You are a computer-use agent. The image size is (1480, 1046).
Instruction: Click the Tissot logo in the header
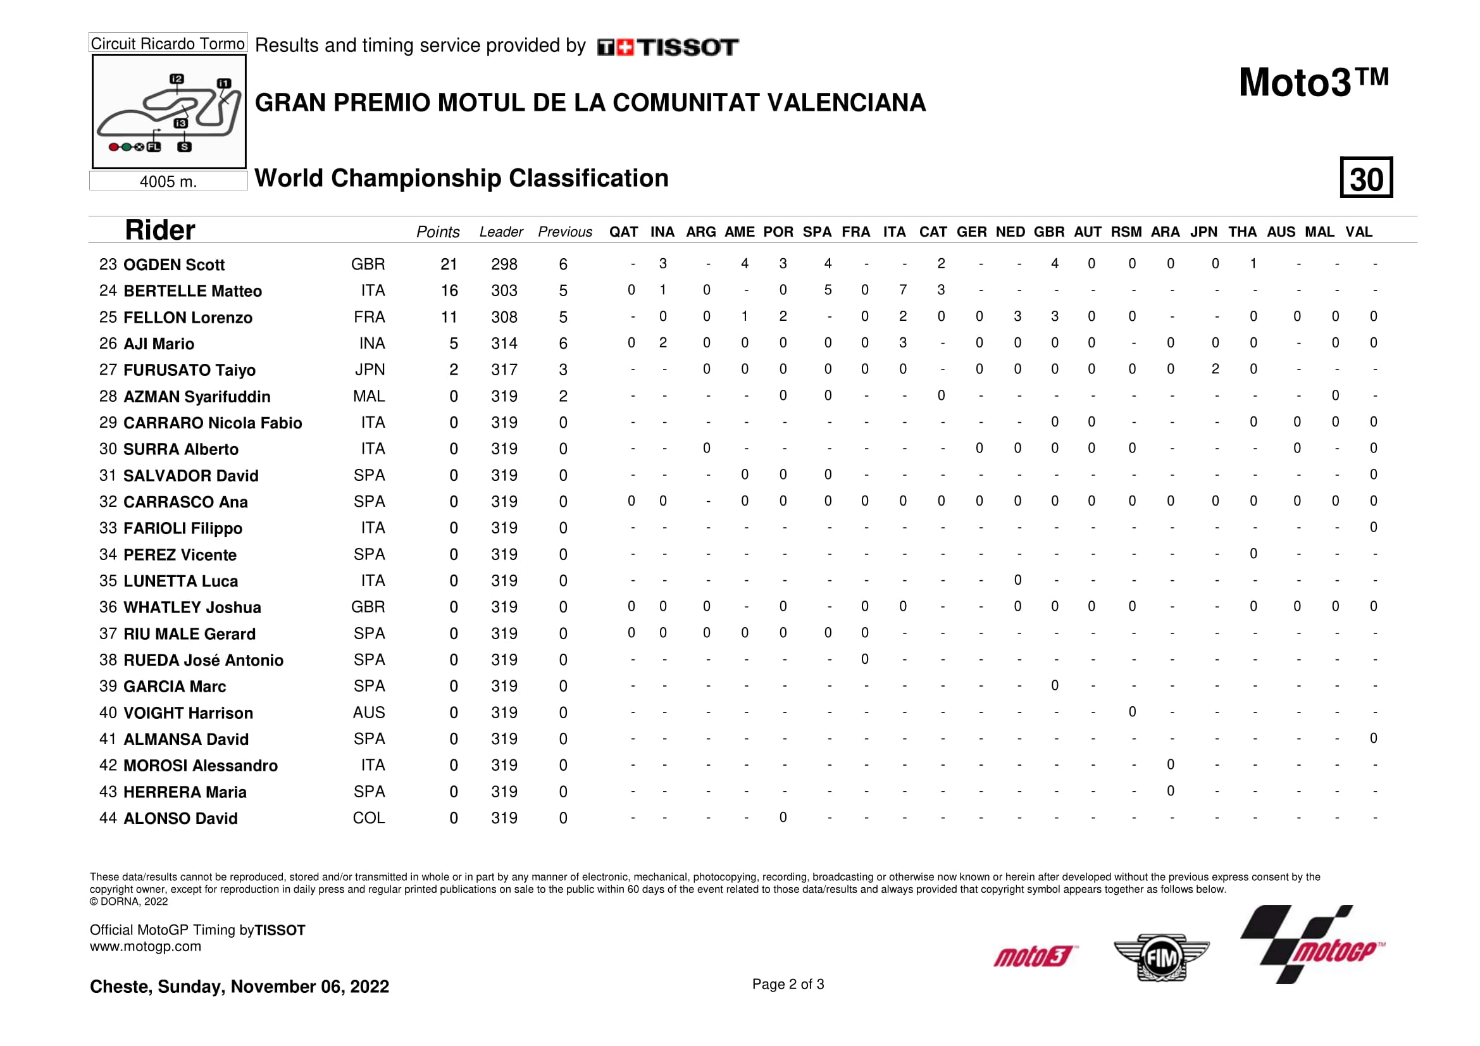point(668,47)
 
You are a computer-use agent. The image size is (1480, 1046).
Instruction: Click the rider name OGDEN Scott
point(173,265)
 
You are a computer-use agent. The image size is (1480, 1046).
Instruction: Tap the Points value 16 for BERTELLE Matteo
point(449,290)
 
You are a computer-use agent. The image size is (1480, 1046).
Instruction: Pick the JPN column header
point(1203,232)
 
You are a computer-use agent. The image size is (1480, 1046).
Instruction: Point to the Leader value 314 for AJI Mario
point(504,344)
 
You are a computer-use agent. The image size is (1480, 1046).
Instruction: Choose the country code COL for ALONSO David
point(368,818)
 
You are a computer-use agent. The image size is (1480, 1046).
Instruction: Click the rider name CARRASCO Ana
point(185,502)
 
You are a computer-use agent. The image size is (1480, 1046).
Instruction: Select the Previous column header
point(564,232)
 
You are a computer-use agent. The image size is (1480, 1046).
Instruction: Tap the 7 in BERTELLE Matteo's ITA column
point(902,290)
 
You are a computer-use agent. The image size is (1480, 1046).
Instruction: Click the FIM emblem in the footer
point(1161,957)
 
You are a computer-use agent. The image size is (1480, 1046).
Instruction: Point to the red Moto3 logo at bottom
point(1034,956)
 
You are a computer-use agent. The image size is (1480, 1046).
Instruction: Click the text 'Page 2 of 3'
point(788,984)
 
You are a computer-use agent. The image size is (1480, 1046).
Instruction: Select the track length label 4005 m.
point(168,182)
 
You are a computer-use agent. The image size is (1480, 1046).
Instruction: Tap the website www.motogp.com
point(145,946)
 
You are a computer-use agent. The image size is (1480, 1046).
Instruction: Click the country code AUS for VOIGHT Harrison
point(368,712)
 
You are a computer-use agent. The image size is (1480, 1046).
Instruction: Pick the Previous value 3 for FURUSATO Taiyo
point(563,370)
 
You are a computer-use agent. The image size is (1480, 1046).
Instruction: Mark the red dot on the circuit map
point(113,147)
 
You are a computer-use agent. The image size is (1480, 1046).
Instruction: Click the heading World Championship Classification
point(461,178)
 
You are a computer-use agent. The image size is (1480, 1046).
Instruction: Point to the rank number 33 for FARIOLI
point(108,528)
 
